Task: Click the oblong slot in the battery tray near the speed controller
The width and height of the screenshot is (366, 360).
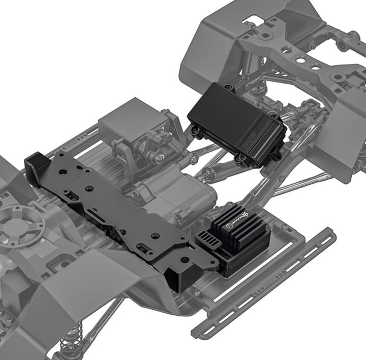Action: click(145, 247)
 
